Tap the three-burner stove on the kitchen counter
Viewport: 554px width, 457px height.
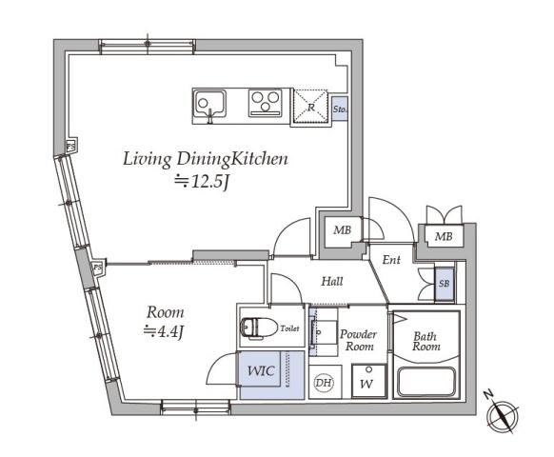267,102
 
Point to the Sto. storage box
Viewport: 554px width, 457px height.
340,109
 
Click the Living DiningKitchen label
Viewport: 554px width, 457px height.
205,159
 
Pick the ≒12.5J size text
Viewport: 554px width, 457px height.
201,183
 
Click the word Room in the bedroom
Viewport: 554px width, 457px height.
165,312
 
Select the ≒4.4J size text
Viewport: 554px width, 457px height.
165,331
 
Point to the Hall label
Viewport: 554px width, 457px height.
331,282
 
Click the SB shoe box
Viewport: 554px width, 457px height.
444,284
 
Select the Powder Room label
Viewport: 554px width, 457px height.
359,341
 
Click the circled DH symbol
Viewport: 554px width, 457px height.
324,383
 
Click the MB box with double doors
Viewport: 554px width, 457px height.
444,236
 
